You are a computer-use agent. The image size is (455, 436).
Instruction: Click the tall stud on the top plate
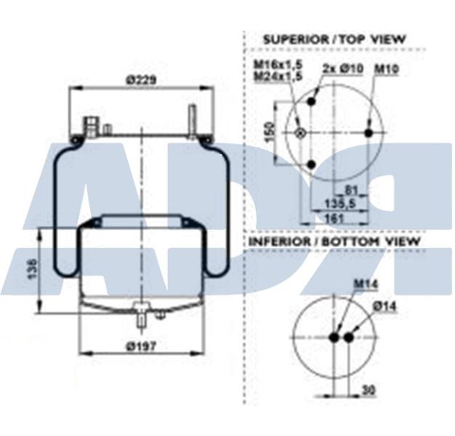click(x=193, y=120)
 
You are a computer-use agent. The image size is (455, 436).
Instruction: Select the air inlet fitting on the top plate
click(x=92, y=124)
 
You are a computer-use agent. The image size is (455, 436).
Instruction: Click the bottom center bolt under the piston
click(x=140, y=315)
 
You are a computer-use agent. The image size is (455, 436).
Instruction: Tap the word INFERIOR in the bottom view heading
click(x=280, y=241)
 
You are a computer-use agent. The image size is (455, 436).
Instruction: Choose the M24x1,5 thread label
click(x=273, y=76)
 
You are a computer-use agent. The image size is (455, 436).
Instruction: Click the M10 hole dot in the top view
click(x=368, y=133)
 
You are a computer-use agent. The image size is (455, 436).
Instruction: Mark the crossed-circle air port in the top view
click(x=300, y=133)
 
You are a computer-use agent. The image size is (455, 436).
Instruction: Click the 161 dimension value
click(x=334, y=217)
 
